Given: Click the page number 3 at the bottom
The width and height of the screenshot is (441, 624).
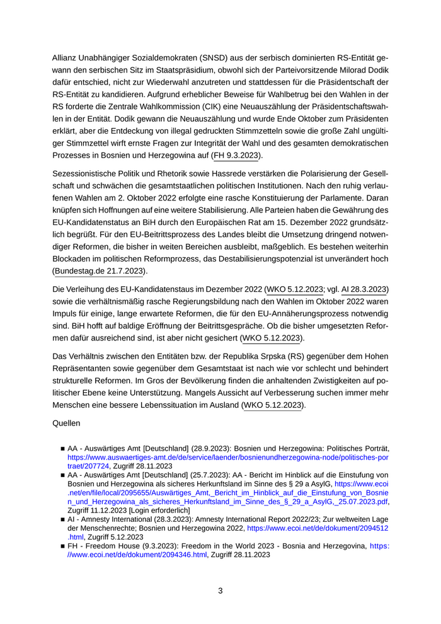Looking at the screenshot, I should click(220, 591).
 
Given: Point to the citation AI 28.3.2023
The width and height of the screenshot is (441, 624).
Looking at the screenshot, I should click(365, 289).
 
